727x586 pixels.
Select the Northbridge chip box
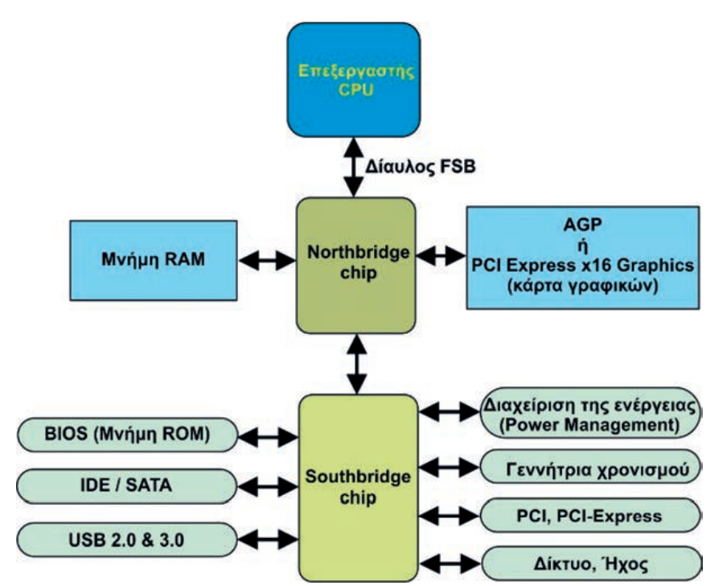[356, 265]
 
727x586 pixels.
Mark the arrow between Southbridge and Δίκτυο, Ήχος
[450, 560]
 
